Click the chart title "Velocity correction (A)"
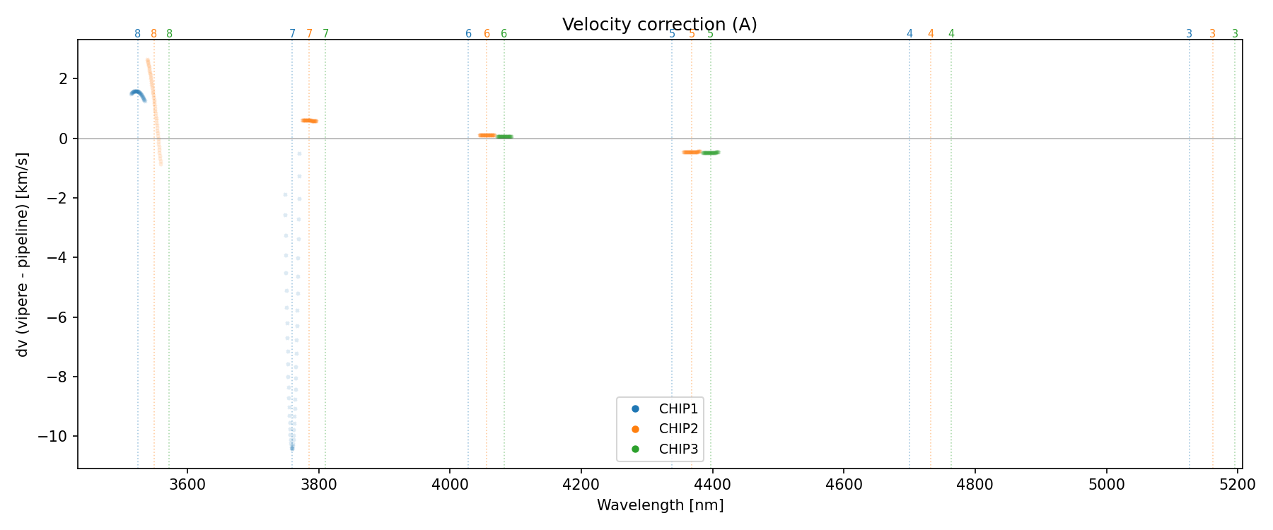pyautogui.click(x=659, y=25)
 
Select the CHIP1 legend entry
pyautogui.click(x=678, y=408)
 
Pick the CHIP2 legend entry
pyautogui.click(x=678, y=428)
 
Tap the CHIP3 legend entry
pyautogui.click(x=678, y=449)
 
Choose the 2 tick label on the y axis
pyautogui.click(x=64, y=78)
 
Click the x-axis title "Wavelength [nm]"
pyautogui.click(x=660, y=505)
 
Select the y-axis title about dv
pyautogui.click(x=23, y=254)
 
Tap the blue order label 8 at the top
pyautogui.click(x=137, y=34)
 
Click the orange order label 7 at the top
pyautogui.click(x=309, y=34)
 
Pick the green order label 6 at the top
pyautogui.click(x=504, y=34)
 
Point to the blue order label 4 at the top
pyautogui.click(x=909, y=34)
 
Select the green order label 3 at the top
pyautogui.click(x=1235, y=34)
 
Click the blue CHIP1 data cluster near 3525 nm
pyautogui.click(x=137, y=93)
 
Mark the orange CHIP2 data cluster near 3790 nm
pyautogui.click(x=309, y=121)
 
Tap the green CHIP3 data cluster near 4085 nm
pyautogui.click(x=504, y=136)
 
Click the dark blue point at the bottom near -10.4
pyautogui.click(x=292, y=448)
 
